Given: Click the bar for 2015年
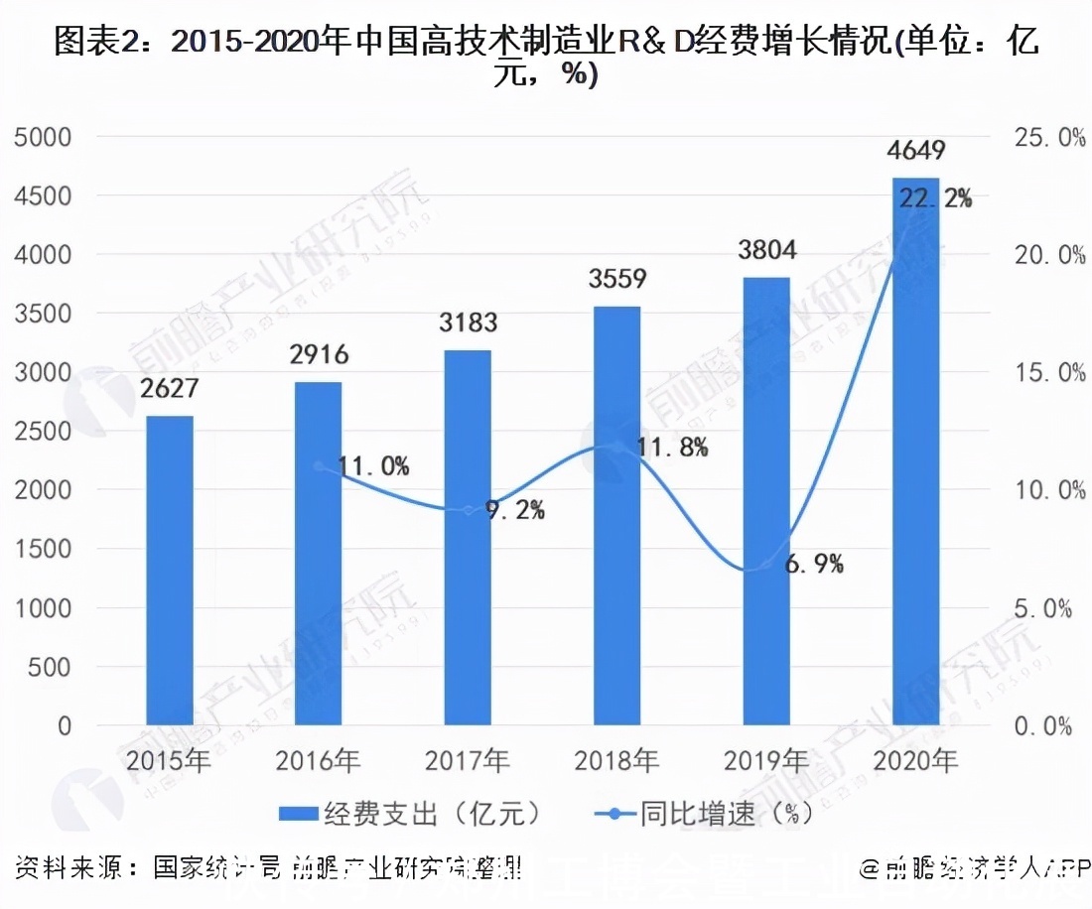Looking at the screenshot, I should point(170,571).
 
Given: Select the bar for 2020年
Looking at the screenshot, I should point(914,452).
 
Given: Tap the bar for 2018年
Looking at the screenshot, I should point(616,516).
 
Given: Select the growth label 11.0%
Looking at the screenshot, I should point(372,466).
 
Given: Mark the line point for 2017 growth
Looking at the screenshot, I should point(469,510).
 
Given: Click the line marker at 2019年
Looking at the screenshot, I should point(765,565).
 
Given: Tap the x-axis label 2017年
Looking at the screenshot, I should point(468,762).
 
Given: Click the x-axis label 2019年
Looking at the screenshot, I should point(765,762).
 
